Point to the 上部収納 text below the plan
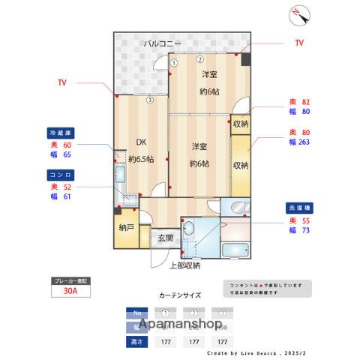click(184, 265)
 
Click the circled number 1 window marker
click(173, 63)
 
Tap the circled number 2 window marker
click(199, 59)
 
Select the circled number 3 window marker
click(149, 100)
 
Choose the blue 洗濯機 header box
click(300, 206)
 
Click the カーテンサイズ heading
click(180, 295)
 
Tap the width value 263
click(300, 142)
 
